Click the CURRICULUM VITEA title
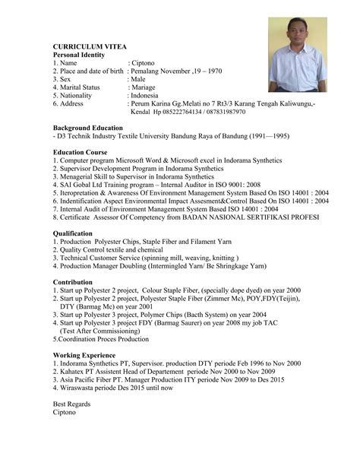[x=92, y=46]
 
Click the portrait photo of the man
[x=298, y=55]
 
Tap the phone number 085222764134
[x=182, y=112]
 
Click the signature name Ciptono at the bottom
[x=65, y=412]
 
